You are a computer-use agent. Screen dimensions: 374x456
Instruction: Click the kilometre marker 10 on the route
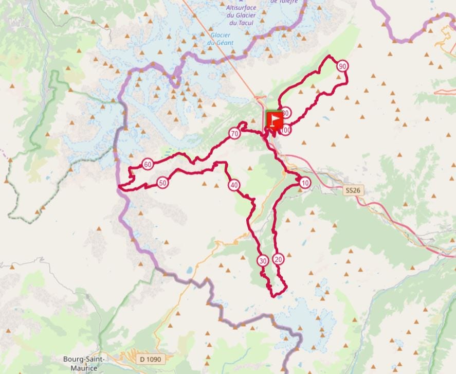(x=305, y=183)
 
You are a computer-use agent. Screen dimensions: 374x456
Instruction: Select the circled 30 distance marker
(x=263, y=261)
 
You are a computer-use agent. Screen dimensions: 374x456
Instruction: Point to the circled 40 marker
(x=234, y=185)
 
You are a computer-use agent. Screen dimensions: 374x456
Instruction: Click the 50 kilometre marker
(x=162, y=183)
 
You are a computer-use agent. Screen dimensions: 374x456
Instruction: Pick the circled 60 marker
(x=148, y=165)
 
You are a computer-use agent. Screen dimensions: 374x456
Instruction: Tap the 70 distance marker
(x=234, y=134)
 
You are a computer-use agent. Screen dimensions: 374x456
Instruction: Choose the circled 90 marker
(x=342, y=66)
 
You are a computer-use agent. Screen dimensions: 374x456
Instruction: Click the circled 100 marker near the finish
(x=286, y=131)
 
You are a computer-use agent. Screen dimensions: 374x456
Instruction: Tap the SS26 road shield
(x=351, y=190)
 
